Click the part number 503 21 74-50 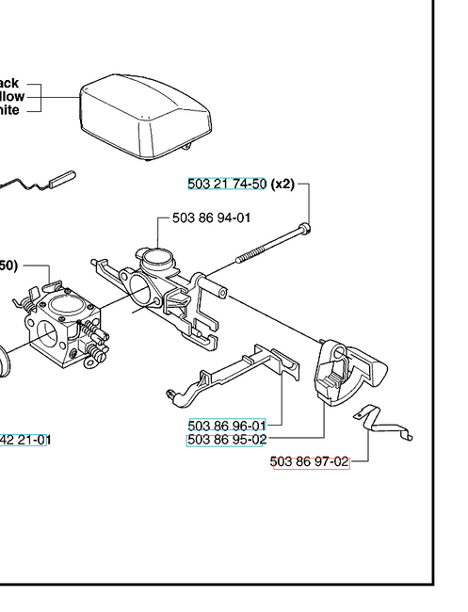click(x=227, y=185)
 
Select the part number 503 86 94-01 click(x=211, y=218)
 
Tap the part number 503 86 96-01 click(x=227, y=425)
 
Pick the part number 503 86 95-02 click(x=227, y=439)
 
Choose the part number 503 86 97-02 click(x=310, y=462)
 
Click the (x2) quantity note click(x=282, y=185)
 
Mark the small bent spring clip click(x=384, y=423)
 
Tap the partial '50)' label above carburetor click(x=8, y=266)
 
